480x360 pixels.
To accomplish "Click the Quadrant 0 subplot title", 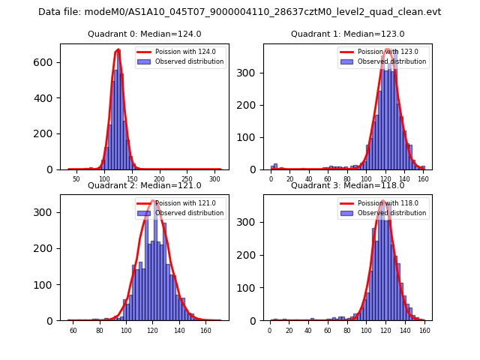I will (x=144, y=34).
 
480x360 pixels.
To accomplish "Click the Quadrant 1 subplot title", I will (x=347, y=34).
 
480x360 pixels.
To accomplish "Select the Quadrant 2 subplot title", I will (x=144, y=185).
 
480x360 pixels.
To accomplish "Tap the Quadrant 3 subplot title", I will (x=347, y=185).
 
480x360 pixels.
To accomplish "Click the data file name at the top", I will (x=239, y=12).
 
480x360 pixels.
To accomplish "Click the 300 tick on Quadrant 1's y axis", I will (x=253, y=73).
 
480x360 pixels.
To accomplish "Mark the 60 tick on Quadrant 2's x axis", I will (x=73, y=331).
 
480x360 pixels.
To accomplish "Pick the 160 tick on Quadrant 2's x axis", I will (x=205, y=331).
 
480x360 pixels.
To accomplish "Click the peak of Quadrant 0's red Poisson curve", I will (x=118, y=50).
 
